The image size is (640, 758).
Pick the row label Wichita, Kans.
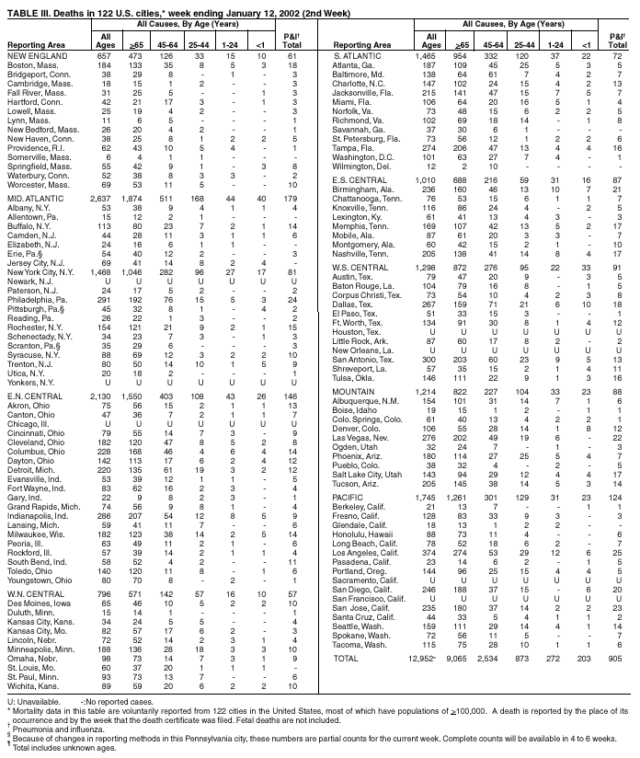point(34,685)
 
